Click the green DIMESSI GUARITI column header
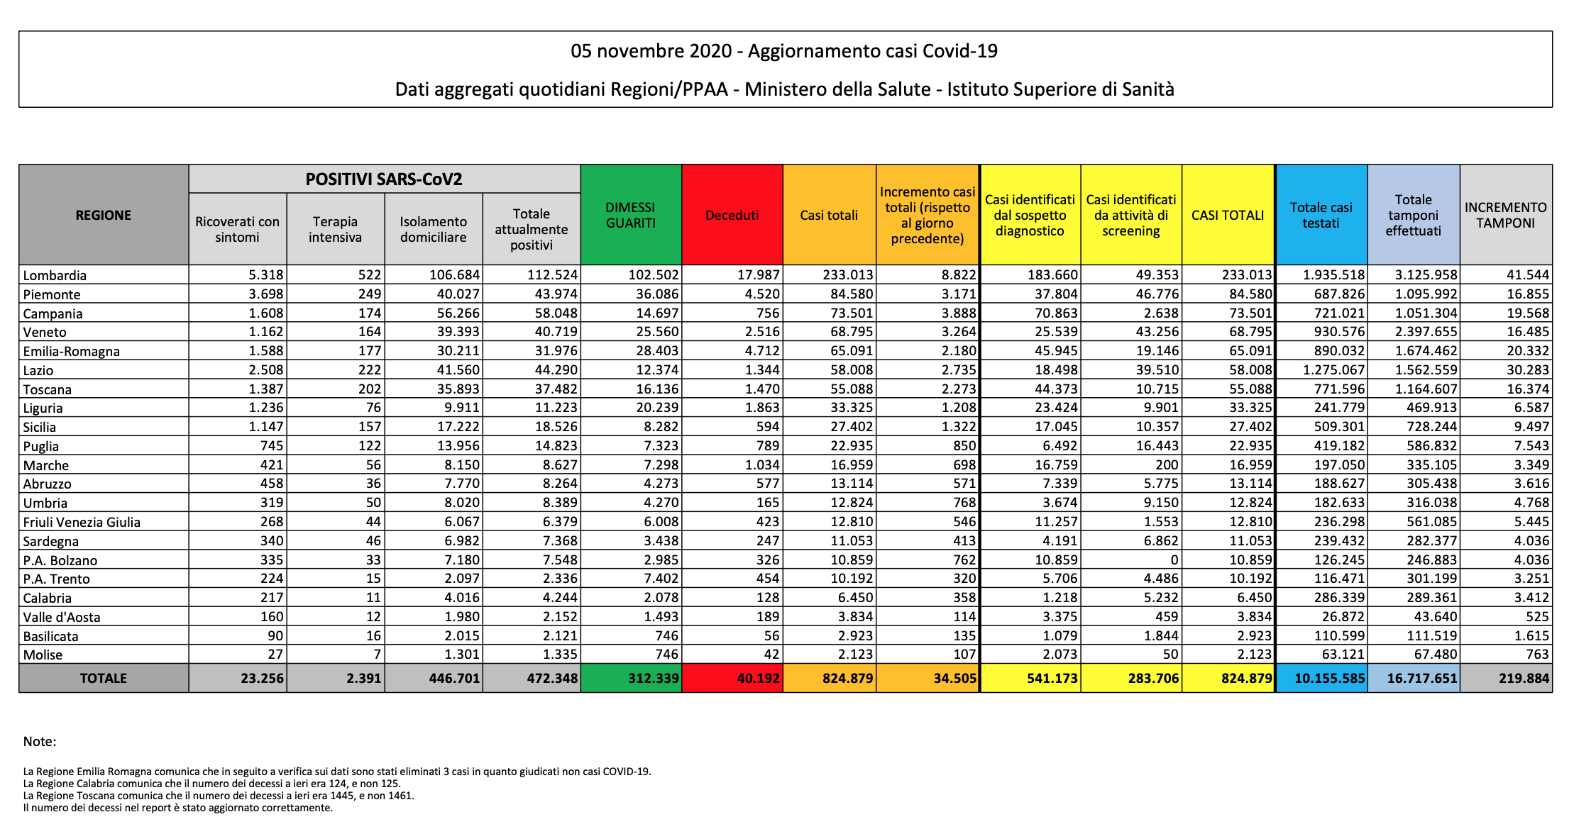(631, 215)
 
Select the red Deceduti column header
(732, 215)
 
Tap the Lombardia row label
(55, 275)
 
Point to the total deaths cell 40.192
(758, 678)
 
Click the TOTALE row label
(104, 678)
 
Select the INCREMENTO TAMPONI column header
(1506, 215)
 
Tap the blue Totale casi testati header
(1321, 215)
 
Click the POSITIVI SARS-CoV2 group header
(384, 179)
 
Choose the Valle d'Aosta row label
(62, 617)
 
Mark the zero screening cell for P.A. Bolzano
(1174, 560)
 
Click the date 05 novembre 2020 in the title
(651, 51)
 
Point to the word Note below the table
(40, 742)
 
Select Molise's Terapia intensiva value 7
(378, 655)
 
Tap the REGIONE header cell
(104, 215)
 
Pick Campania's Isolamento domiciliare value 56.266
(455, 313)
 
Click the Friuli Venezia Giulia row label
(82, 522)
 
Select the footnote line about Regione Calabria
(211, 784)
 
